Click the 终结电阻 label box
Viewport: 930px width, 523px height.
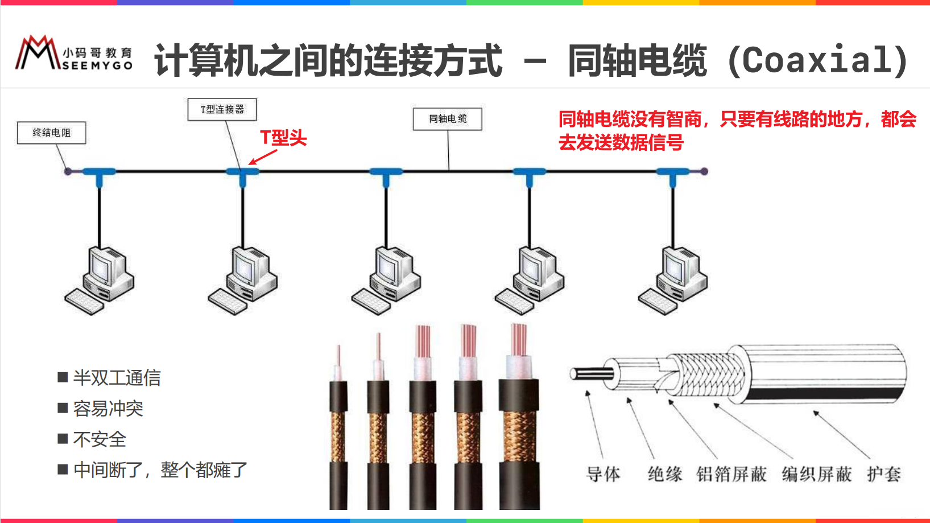pyautogui.click(x=51, y=133)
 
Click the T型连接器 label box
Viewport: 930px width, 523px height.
pyautogui.click(x=222, y=109)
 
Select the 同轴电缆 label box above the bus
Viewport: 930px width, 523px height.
pyautogui.click(x=448, y=119)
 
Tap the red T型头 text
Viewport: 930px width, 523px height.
pyautogui.click(x=283, y=138)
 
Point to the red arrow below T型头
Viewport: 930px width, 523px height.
pyautogui.click(x=262, y=157)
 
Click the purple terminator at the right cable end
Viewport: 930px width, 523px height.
pyautogui.click(x=704, y=171)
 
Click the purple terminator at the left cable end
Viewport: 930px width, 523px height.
pyautogui.click(x=68, y=171)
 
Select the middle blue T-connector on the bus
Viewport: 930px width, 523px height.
pyautogui.click(x=386, y=173)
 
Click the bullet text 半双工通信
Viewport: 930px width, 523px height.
pyautogui.click(x=117, y=378)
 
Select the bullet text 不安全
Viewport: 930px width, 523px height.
pyautogui.click(x=100, y=439)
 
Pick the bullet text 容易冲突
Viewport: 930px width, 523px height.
pyautogui.click(x=108, y=409)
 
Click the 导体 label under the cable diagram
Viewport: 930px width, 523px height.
pyautogui.click(x=603, y=474)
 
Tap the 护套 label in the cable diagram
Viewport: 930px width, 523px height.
pyautogui.click(x=883, y=474)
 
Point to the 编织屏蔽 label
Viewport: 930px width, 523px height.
pyautogui.click(x=817, y=474)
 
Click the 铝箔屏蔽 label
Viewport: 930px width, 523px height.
pyautogui.click(x=731, y=474)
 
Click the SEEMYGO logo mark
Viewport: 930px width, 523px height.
pyautogui.click(x=38, y=53)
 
